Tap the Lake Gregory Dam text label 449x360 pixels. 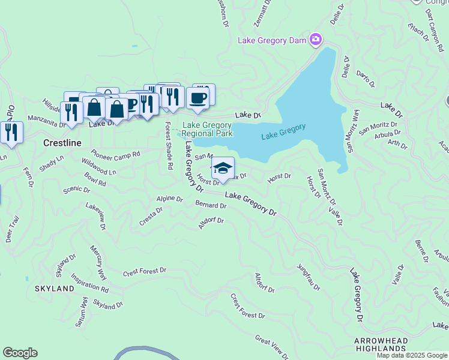[x=273, y=41]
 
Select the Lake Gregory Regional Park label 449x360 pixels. [x=208, y=130]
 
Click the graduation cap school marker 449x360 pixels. [x=223, y=169]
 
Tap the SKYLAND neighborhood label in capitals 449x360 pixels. [x=54, y=289]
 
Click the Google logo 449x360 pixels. [x=20, y=353]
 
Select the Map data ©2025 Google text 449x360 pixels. [x=412, y=355]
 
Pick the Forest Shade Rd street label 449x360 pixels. [x=169, y=145]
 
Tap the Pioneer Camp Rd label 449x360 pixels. [x=115, y=154]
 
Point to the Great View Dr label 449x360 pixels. [x=271, y=347]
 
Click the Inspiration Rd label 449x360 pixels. [x=89, y=283]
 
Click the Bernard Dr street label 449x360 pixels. [x=211, y=205]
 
